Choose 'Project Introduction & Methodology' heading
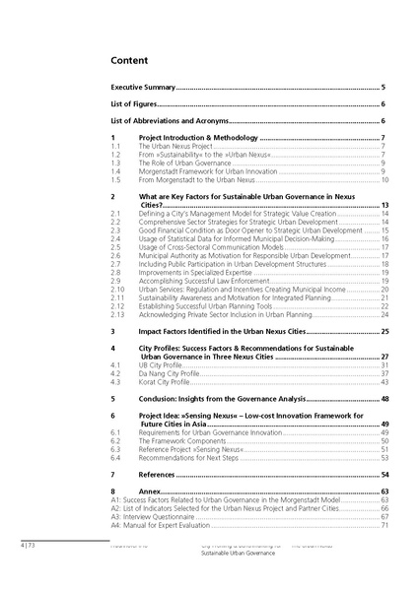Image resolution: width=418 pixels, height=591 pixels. point(196,137)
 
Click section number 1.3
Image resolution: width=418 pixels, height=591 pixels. point(115,163)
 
